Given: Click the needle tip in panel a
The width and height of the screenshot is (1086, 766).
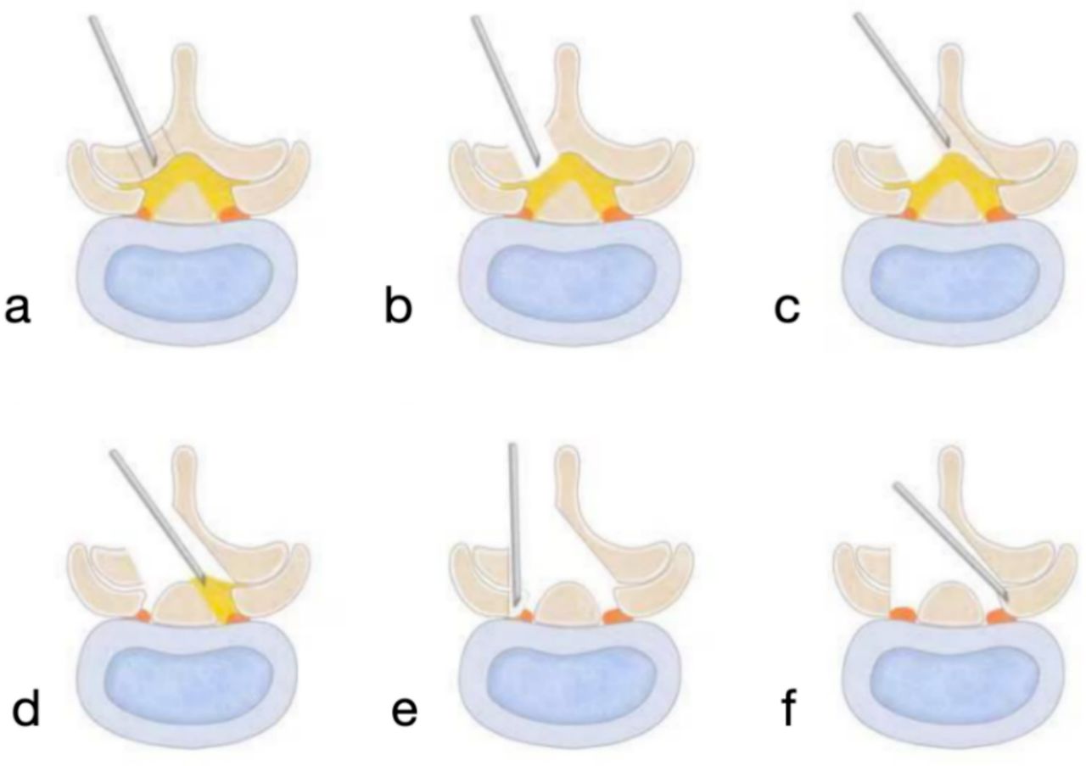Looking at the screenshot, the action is pyautogui.click(x=155, y=164).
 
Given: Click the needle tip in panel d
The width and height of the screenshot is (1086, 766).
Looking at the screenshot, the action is pyautogui.click(x=204, y=584).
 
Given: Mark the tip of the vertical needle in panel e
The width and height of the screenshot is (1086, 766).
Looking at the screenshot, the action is pyautogui.click(x=517, y=606).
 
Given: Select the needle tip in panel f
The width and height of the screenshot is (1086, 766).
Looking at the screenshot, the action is pyautogui.click(x=1007, y=601).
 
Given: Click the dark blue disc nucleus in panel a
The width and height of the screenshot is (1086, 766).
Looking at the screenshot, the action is pyautogui.click(x=188, y=282).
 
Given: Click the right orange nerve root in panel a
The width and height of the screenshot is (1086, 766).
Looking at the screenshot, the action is pyautogui.click(x=233, y=214).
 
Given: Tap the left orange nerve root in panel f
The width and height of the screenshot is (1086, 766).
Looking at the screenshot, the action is pyautogui.click(x=902, y=613).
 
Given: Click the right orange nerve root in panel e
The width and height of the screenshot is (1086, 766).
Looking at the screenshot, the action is pyautogui.click(x=615, y=616).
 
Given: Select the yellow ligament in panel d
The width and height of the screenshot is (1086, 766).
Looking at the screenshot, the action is pyautogui.click(x=217, y=600).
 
